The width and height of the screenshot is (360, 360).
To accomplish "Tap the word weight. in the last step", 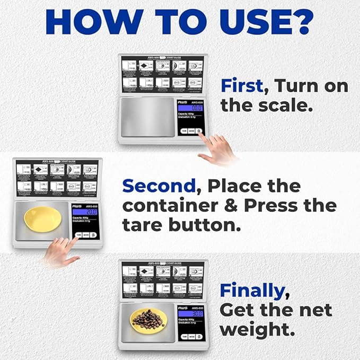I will (x=257, y=329).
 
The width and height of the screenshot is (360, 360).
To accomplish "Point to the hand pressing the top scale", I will (x=217, y=149).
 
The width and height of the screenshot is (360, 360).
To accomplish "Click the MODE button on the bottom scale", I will (x=191, y=336).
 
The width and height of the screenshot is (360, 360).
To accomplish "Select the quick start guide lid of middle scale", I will (x=57, y=177).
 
